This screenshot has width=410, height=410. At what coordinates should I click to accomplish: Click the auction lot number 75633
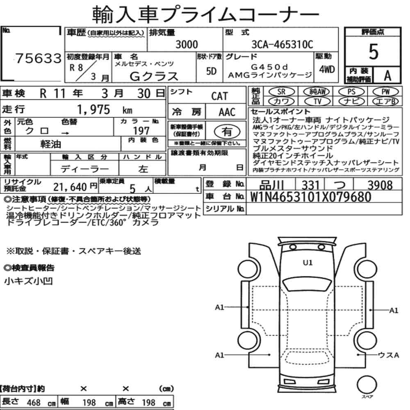[x=39, y=58]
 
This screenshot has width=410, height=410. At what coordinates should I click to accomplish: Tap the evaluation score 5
[x=374, y=52]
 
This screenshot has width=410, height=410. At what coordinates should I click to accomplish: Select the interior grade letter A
[x=387, y=75]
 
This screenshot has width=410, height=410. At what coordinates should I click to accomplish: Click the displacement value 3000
[x=187, y=44]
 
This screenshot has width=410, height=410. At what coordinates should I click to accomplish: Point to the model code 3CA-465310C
[x=282, y=44]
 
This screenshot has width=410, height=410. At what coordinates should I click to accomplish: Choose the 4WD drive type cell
[x=327, y=70]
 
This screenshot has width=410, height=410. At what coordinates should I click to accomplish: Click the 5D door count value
[x=211, y=71]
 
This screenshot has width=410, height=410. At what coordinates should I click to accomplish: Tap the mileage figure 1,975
[x=93, y=109]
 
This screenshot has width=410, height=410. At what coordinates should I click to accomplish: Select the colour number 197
[x=141, y=131]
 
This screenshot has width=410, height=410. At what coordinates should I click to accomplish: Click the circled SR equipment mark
[x=282, y=92]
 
